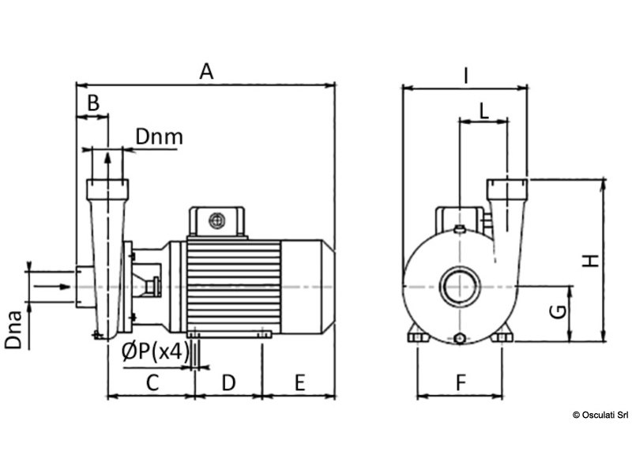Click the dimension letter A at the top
coord(206,71)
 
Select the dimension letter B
coord(92,103)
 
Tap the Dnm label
coord(159,137)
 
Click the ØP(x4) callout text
coord(156,353)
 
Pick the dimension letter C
coord(152,383)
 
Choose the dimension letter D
coord(228,383)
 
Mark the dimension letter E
coord(299,383)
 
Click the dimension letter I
coord(466,76)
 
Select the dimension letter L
coord(484,111)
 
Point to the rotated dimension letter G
coord(558,311)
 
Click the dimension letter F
coord(461,383)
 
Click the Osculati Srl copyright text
coord(600,414)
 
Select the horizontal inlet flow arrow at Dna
coord(51,286)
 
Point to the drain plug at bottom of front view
coord(461,340)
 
